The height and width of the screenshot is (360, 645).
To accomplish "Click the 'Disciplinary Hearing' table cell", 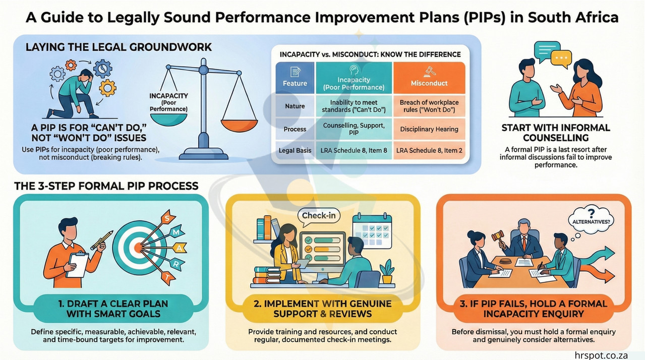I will click(429, 129).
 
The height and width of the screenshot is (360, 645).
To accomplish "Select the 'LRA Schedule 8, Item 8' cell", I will click(354, 150).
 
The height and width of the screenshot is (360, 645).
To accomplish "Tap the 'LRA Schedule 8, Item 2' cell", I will click(429, 150).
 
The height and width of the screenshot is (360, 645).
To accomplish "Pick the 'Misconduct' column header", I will click(429, 83).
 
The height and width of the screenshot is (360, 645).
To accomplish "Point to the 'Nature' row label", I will click(295, 106).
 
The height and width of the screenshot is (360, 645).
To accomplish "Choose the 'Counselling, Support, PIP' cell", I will click(354, 129).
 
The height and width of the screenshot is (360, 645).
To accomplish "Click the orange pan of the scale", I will click(240, 125).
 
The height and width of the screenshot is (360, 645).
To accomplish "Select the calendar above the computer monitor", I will click(372, 230).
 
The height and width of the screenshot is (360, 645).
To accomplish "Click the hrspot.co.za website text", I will click(601, 355).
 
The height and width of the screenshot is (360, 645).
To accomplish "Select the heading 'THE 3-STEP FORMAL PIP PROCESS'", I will click(106, 186).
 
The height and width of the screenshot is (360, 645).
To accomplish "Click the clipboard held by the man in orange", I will click(77, 265).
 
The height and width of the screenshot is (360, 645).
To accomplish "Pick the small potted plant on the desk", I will click(387, 271).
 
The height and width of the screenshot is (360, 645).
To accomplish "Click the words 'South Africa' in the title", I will click(573, 17).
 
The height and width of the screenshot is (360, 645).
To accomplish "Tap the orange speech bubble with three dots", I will click(561, 59).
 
